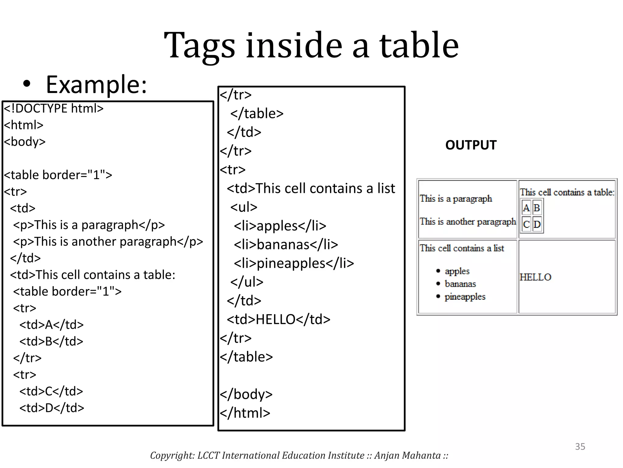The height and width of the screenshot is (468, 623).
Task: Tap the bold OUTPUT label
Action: point(471,145)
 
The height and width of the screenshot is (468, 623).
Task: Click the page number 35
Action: point(580,446)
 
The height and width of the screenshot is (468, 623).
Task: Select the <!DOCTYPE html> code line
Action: point(54,108)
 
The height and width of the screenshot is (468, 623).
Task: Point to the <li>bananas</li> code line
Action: point(286,244)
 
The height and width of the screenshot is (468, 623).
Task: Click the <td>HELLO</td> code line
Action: point(278,319)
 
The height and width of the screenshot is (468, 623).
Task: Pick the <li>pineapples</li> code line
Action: point(294,263)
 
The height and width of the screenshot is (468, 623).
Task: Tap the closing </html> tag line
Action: point(245,413)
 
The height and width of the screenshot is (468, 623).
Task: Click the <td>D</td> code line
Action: point(52,408)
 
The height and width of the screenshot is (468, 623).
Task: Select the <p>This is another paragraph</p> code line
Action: point(108,242)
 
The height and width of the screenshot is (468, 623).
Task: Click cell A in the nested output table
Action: point(526,208)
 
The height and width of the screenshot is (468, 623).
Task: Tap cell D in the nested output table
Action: point(537,224)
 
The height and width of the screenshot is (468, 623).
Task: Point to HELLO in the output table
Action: point(535,277)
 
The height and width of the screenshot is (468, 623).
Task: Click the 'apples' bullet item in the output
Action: point(457,271)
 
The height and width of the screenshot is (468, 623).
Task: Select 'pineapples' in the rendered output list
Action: point(465,296)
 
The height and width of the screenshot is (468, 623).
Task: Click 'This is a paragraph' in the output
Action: point(456,199)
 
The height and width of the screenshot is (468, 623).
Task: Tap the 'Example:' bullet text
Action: point(96,84)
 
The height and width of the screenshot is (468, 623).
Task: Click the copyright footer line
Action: point(299,455)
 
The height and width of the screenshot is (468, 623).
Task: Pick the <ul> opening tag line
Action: point(244,207)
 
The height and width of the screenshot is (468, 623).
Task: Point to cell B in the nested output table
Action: point(537,208)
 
